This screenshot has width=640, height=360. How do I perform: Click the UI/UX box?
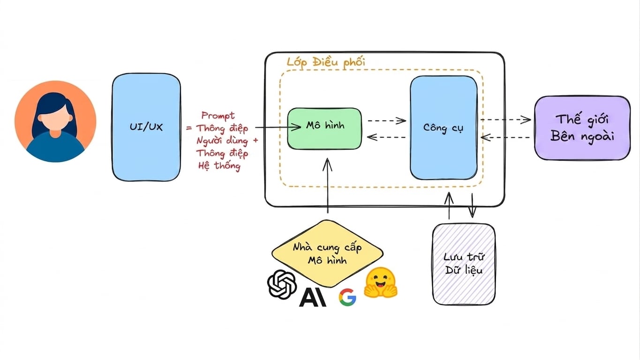(x=146, y=127)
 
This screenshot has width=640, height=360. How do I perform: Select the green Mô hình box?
(x=324, y=128)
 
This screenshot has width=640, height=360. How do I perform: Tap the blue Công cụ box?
(x=444, y=127)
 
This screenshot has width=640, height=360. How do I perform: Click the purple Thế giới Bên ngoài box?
(x=582, y=127)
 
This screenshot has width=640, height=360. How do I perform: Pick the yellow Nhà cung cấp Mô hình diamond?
(x=327, y=254)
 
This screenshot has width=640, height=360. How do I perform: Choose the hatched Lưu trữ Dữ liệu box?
(x=464, y=264)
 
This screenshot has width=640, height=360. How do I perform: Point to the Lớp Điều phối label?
(x=326, y=62)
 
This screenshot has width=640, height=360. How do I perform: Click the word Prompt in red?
(x=218, y=116)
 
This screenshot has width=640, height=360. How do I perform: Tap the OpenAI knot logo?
(x=282, y=284)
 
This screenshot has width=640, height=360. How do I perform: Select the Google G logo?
(x=347, y=297)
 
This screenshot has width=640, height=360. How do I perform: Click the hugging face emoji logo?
(x=381, y=283)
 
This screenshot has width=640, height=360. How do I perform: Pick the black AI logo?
(x=312, y=297)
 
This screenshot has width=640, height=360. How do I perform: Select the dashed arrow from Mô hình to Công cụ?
(x=387, y=120)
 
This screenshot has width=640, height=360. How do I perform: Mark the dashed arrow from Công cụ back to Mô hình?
(x=386, y=137)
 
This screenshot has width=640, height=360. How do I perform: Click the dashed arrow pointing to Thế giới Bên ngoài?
(x=506, y=120)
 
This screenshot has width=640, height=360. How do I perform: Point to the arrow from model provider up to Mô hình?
(x=327, y=186)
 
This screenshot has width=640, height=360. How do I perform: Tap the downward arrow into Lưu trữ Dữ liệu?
(x=472, y=205)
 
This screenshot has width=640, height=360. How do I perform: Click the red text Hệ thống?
(x=219, y=166)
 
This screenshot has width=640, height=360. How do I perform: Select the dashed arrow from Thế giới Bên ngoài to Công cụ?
(x=505, y=137)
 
